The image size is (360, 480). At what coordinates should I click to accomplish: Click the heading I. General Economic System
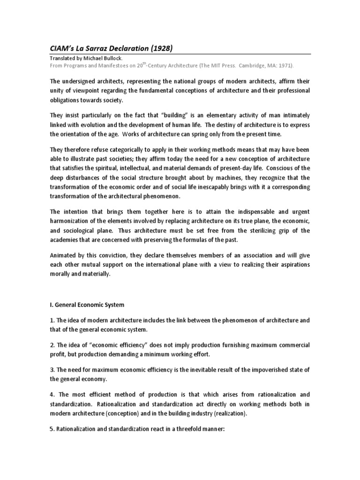[87, 305]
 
